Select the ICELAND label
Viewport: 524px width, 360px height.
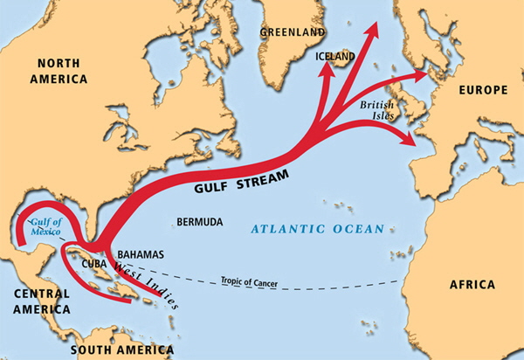[335, 57]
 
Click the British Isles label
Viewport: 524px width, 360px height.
[378, 109]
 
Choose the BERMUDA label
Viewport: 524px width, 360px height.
[199, 222]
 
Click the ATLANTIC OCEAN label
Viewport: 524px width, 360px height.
[317, 229]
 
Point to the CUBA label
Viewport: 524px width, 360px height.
[93, 263]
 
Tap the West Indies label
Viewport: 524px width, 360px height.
[148, 283]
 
